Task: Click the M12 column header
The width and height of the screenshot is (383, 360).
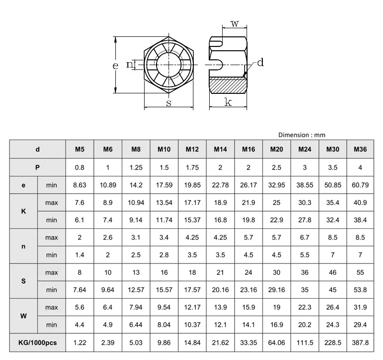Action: [192, 150]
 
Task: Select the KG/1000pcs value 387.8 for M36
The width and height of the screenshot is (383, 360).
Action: [360, 343]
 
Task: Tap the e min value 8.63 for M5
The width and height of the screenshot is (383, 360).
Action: [80, 185]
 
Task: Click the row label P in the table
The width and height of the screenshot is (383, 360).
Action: [37, 168]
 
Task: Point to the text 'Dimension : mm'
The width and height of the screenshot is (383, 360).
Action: [302, 135]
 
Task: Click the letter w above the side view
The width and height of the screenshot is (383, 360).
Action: [235, 24]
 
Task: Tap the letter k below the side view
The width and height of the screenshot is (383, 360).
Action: [228, 102]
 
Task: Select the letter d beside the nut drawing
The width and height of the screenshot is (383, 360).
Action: [260, 63]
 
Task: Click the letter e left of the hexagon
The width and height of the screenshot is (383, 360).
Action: [115, 66]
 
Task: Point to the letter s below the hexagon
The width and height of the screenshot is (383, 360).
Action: [169, 103]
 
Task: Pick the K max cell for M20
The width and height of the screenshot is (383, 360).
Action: [276, 202]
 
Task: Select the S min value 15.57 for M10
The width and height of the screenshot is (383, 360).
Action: [164, 290]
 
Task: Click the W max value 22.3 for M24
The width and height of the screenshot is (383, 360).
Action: [304, 307]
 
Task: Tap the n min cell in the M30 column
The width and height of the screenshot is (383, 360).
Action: [333, 255]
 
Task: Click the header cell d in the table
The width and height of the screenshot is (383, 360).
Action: [37, 150]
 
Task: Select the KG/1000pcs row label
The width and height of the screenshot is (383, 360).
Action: [37, 343]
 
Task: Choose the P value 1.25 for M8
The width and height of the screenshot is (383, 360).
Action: [136, 168]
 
